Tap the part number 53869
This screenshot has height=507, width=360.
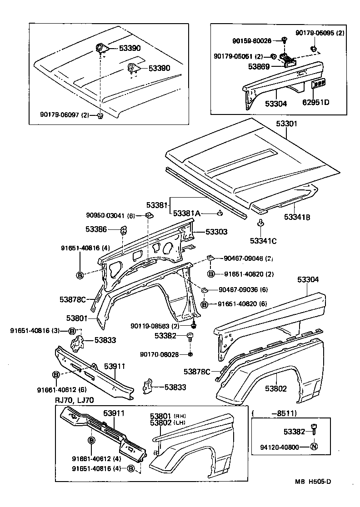[x=259, y=66]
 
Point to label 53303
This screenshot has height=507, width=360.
[x=216, y=232]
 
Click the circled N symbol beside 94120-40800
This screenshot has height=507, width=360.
[x=313, y=447]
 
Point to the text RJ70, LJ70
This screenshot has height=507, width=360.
[x=75, y=400]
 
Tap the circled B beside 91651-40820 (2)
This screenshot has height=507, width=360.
[x=211, y=274]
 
